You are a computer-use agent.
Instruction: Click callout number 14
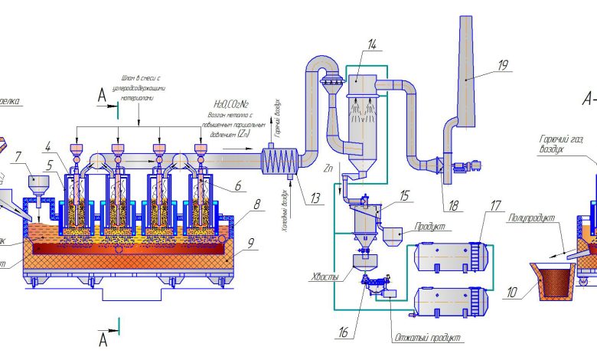point(371,44)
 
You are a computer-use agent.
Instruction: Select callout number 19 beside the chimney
point(502,65)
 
